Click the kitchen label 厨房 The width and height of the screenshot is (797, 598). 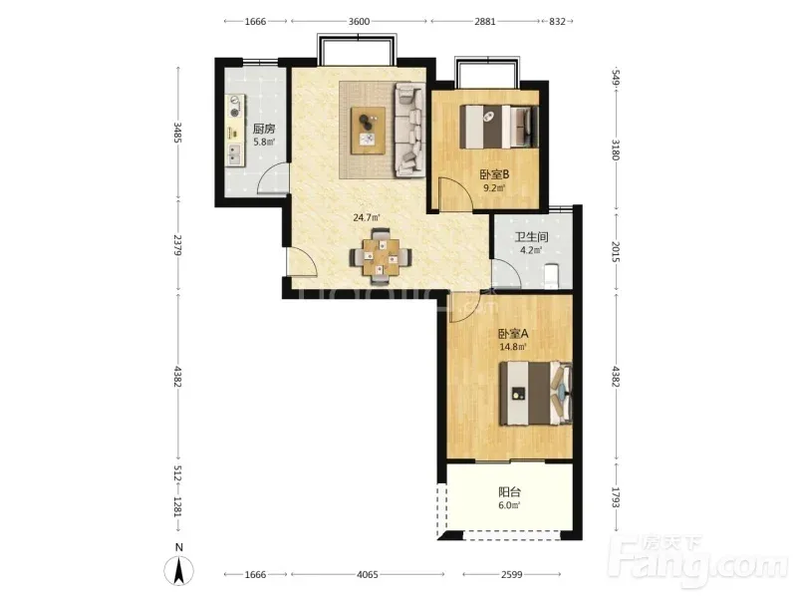(x=264, y=129)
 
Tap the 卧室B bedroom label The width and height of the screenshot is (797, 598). (x=494, y=174)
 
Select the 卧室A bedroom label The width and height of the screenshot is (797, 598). (x=513, y=334)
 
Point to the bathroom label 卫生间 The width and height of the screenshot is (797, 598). (x=532, y=237)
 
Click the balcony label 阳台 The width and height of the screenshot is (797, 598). (x=509, y=492)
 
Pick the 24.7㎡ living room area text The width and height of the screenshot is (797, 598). (x=367, y=218)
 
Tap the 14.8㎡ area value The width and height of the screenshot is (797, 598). (x=513, y=347)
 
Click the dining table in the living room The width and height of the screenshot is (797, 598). (x=381, y=257)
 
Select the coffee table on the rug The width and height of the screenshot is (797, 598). (x=368, y=131)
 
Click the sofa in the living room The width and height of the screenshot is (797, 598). (x=409, y=130)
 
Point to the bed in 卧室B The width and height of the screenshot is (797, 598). (x=499, y=127)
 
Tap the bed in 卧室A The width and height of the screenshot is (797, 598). (x=536, y=393)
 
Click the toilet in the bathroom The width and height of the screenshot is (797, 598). (x=551, y=276)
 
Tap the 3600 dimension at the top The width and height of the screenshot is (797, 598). (x=359, y=21)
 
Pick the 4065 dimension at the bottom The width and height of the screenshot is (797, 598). (x=368, y=575)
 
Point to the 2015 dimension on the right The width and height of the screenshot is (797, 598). (x=616, y=252)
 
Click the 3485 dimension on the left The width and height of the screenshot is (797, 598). (x=177, y=133)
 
